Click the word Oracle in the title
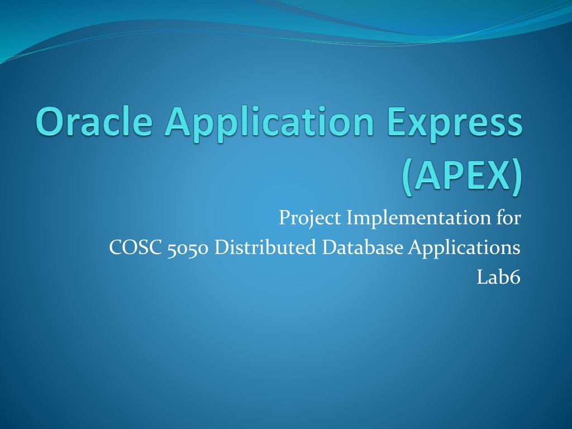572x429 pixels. coord(94,121)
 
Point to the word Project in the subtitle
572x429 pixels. coord(310,218)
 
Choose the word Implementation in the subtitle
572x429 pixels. coord(418,218)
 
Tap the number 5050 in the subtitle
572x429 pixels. coord(188,249)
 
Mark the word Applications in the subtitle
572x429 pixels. coord(464,248)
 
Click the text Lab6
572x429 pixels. coord(499,277)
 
